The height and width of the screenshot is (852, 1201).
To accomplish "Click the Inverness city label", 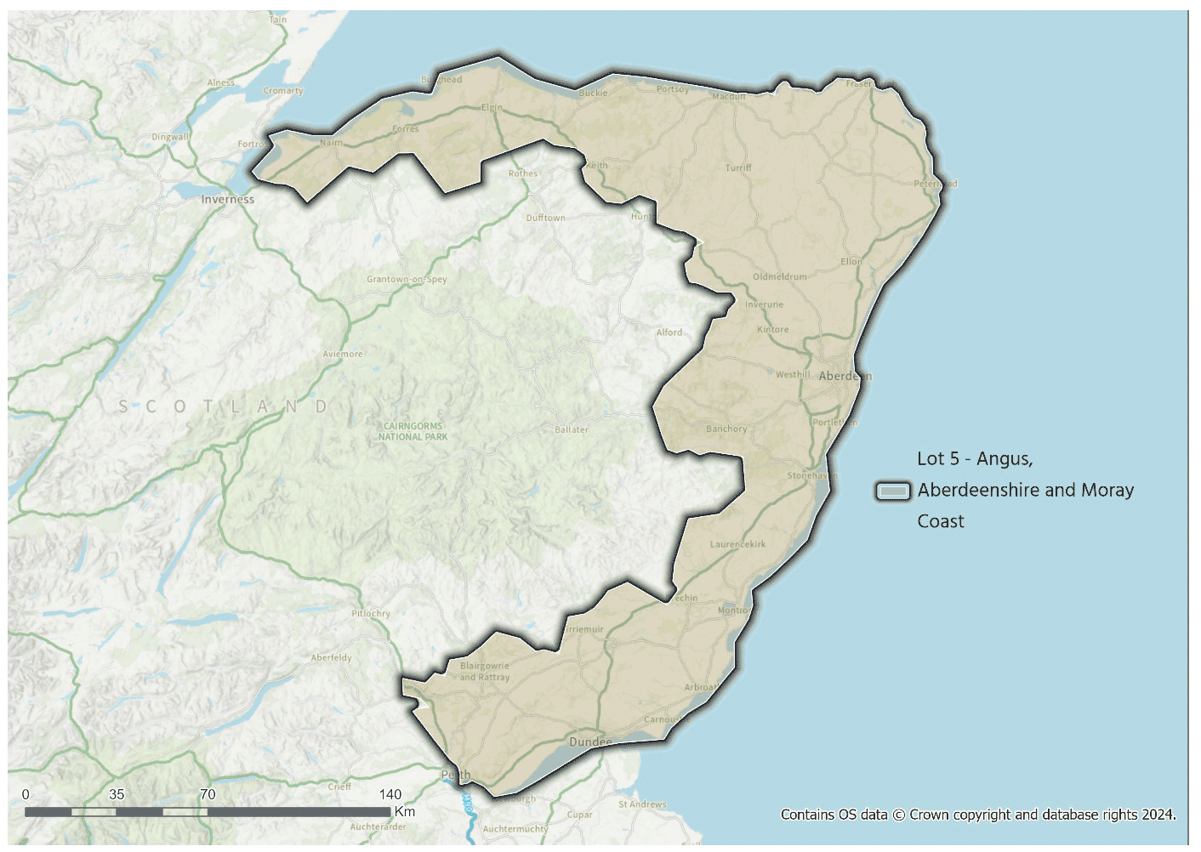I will [227, 199].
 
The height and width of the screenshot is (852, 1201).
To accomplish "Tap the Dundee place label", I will [590, 742].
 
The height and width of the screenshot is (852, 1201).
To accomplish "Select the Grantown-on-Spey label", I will [407, 279].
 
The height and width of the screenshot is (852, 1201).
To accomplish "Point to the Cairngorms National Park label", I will [413, 431].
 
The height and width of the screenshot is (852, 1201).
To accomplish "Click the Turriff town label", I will [738, 168].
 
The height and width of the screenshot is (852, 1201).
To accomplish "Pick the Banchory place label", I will [726, 429].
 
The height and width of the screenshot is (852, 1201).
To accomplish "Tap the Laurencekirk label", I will [737, 544].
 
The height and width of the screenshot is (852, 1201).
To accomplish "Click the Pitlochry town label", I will [371, 613].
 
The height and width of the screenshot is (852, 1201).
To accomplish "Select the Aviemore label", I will [343, 354].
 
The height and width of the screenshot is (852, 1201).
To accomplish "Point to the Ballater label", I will [572, 429].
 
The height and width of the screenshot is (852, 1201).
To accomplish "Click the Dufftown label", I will [545, 218].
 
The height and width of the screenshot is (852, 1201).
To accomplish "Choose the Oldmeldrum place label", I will [780, 276].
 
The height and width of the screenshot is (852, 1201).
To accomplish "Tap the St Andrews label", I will [642, 804].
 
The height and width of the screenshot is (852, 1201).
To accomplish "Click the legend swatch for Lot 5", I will [893, 491].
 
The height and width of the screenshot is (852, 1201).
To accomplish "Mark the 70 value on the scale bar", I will [208, 794].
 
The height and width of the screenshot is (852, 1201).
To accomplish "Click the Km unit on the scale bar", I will [405, 811].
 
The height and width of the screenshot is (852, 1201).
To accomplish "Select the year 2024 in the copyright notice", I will [1158, 815].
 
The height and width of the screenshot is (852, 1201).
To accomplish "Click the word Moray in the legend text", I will [1107, 490].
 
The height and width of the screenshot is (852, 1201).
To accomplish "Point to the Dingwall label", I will [170, 137].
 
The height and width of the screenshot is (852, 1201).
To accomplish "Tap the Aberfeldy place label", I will [331, 657].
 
